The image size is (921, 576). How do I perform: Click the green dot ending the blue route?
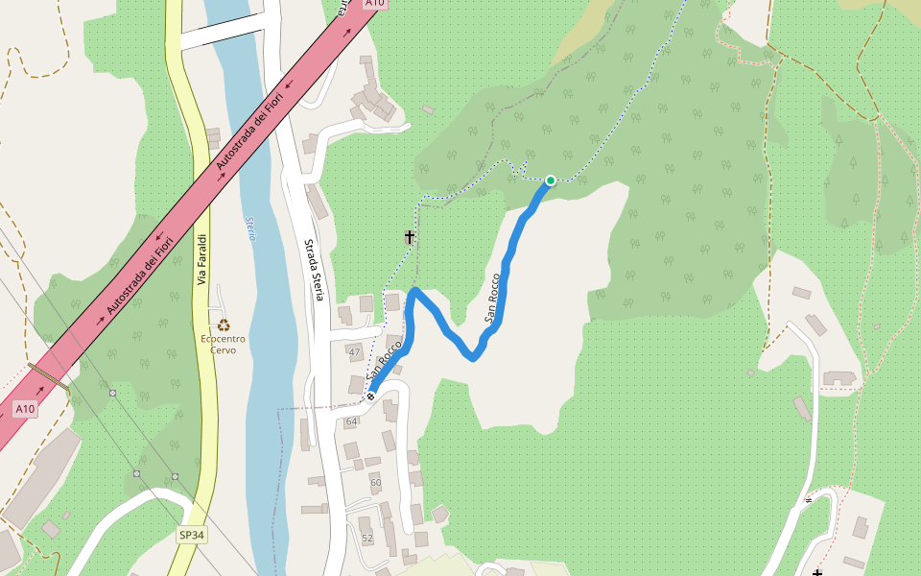pyautogui.click(x=551, y=180)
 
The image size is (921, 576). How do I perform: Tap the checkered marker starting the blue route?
pyautogui.click(x=369, y=396)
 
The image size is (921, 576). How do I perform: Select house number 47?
pyautogui.click(x=354, y=352)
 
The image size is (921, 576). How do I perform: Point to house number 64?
pyautogui.click(x=351, y=421)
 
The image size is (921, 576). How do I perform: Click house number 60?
pyautogui.click(x=375, y=482)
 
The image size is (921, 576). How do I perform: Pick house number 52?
pyautogui.click(x=366, y=538)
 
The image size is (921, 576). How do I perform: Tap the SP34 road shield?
pyautogui.click(x=192, y=535)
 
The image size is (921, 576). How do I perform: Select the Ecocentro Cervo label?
pyautogui.click(x=224, y=344)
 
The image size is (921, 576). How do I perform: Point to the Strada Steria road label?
pyautogui.click(x=313, y=270)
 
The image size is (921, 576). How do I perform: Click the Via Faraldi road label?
pyautogui.click(x=201, y=259)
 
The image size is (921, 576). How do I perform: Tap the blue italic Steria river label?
pyautogui.click(x=251, y=228)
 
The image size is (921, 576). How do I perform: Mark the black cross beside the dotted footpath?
pyautogui.click(x=410, y=236)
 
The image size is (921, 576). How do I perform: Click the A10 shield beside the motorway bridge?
pyautogui.click(x=25, y=409)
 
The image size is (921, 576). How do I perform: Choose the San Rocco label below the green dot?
pyautogui.click(x=493, y=298)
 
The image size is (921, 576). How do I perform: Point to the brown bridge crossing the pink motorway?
pyautogui.click(x=48, y=375)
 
